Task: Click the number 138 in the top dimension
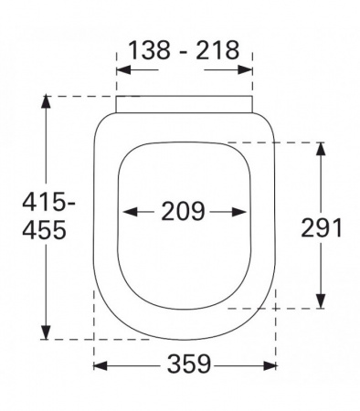pos(149,49)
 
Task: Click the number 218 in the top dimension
pos(217,49)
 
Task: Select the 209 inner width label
pos(183,211)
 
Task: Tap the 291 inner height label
pos(322,227)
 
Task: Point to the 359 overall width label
pos(189,364)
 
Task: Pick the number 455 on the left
pos(45,229)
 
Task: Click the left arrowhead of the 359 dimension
pos(101,365)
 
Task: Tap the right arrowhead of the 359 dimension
pos(270,365)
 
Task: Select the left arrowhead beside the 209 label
pos(130,212)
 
